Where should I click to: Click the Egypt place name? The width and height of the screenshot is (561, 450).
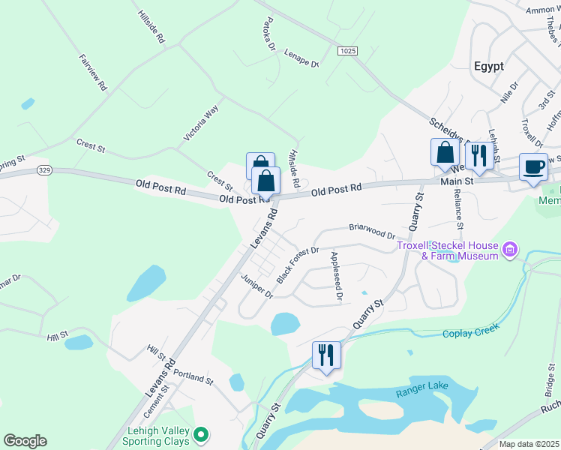click(489, 66)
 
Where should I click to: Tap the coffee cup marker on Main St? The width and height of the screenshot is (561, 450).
click(533, 168)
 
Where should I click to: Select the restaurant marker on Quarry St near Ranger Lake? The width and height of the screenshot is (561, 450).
click(326, 355)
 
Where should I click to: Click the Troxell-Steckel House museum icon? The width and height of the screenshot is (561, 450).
click(510, 248)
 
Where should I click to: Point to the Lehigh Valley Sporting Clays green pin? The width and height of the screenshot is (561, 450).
click(200, 433)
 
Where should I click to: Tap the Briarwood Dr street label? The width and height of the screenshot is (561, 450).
click(371, 227)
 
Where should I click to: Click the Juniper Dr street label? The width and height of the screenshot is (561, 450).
click(257, 286)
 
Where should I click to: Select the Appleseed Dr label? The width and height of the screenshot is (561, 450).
click(336, 277)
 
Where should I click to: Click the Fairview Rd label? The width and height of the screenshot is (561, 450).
click(93, 72)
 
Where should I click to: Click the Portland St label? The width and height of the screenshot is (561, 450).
click(193, 376)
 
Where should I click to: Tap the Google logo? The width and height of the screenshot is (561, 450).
click(25, 441)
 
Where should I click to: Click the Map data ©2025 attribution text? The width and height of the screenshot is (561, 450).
click(529, 444)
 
